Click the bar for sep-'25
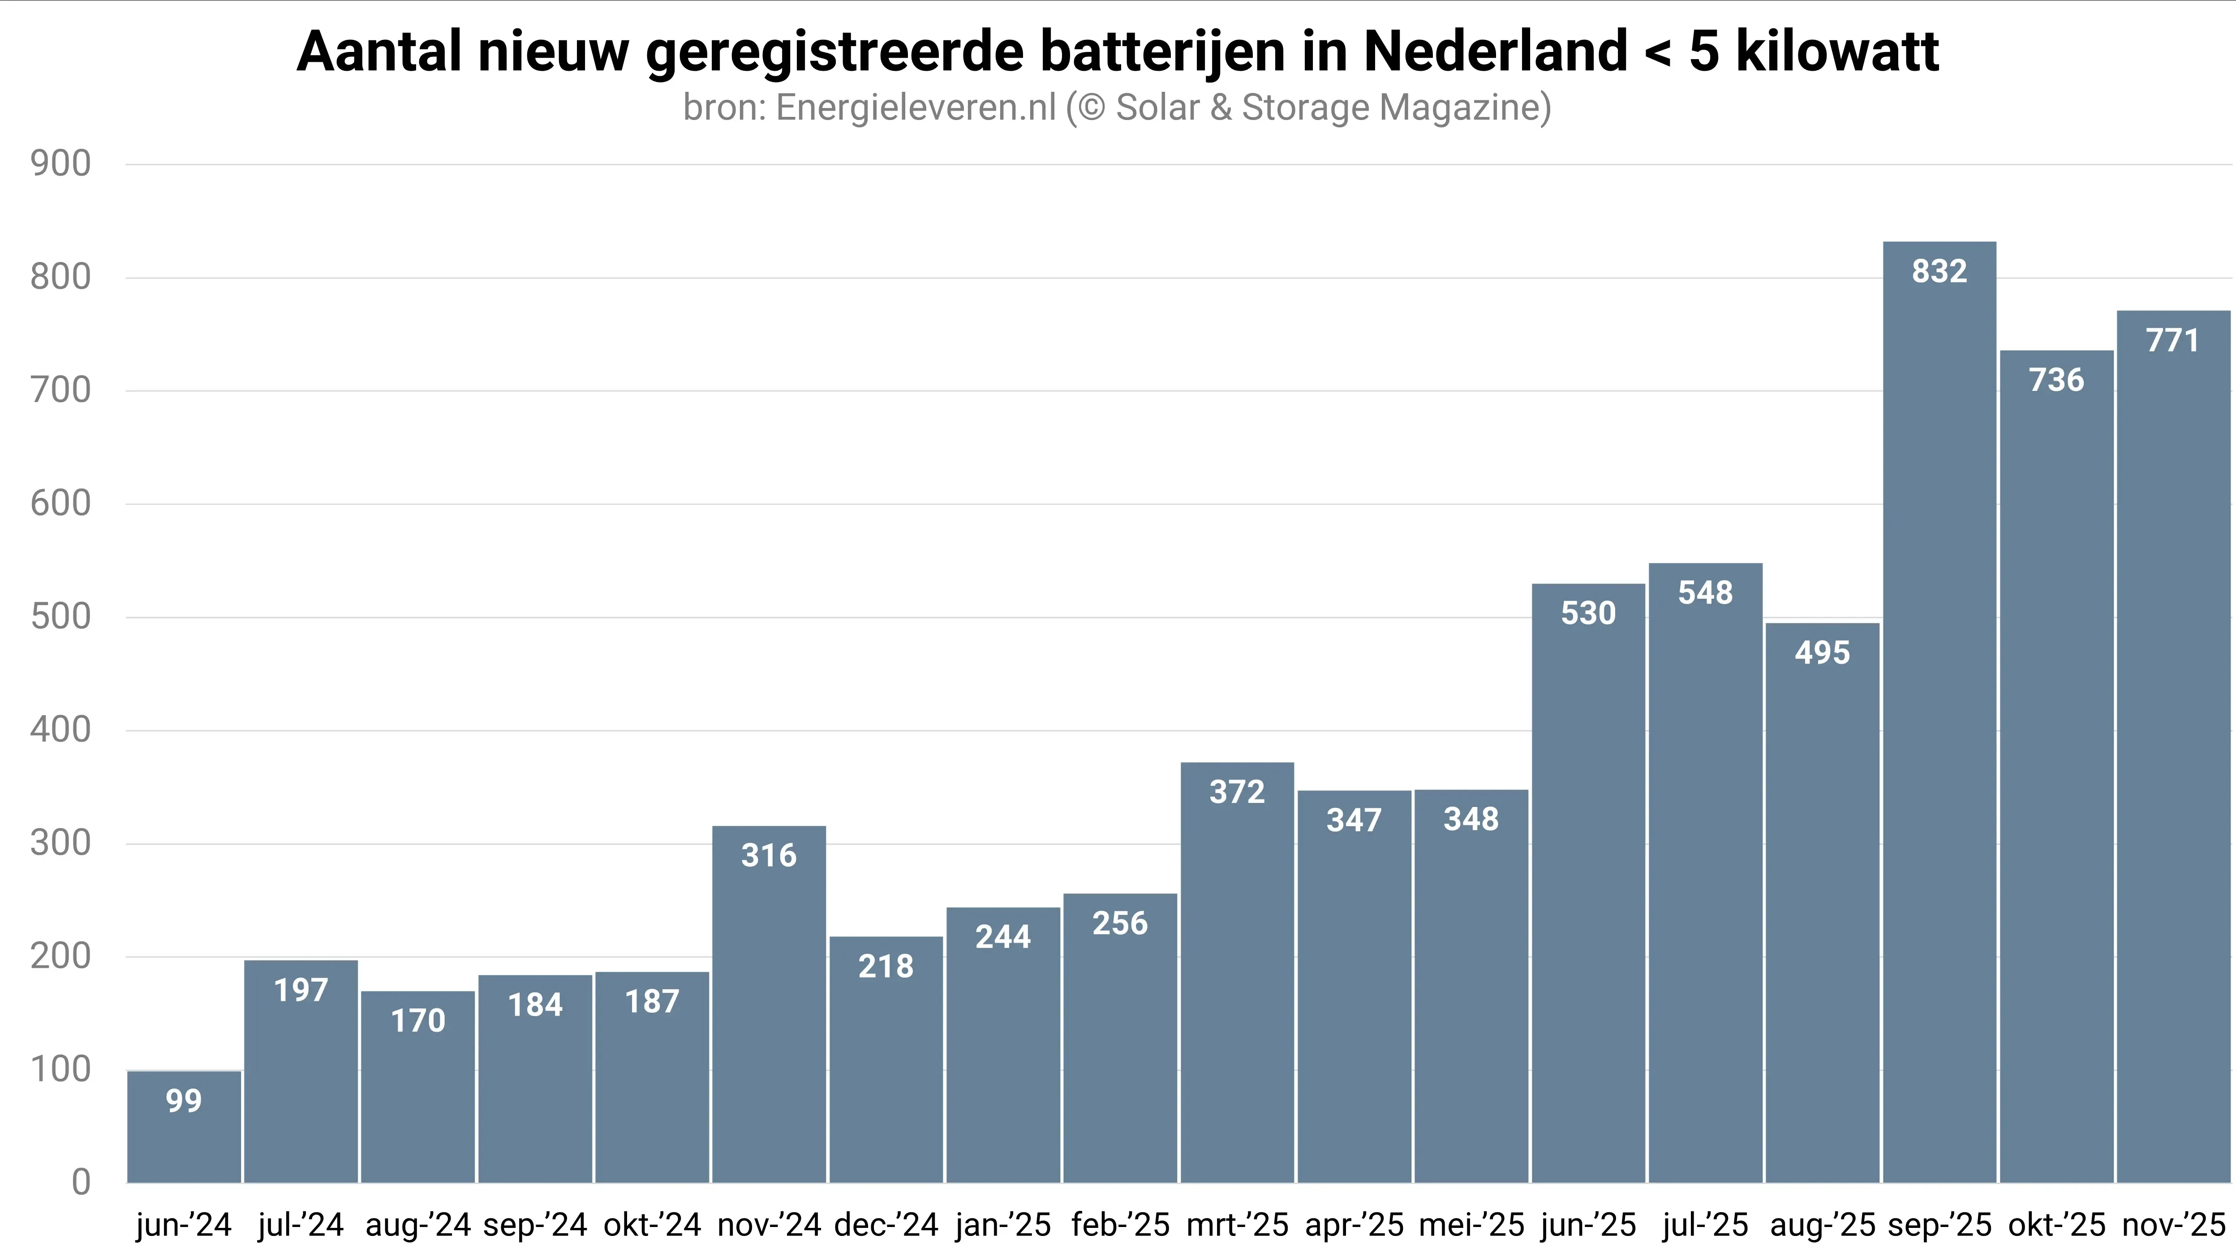[x=1939, y=712]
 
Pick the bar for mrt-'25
[x=1237, y=972]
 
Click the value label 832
[x=1939, y=272]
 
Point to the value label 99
[x=184, y=1101]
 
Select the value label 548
[x=1705, y=593]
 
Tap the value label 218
[x=886, y=966]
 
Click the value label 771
[x=2173, y=340]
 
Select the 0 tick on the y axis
[x=81, y=1182]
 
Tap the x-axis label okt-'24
[x=652, y=1225]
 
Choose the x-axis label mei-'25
[x=1471, y=1225]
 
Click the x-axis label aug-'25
[x=1823, y=1225]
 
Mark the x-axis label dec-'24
[x=886, y=1225]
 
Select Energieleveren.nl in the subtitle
[x=916, y=107]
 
